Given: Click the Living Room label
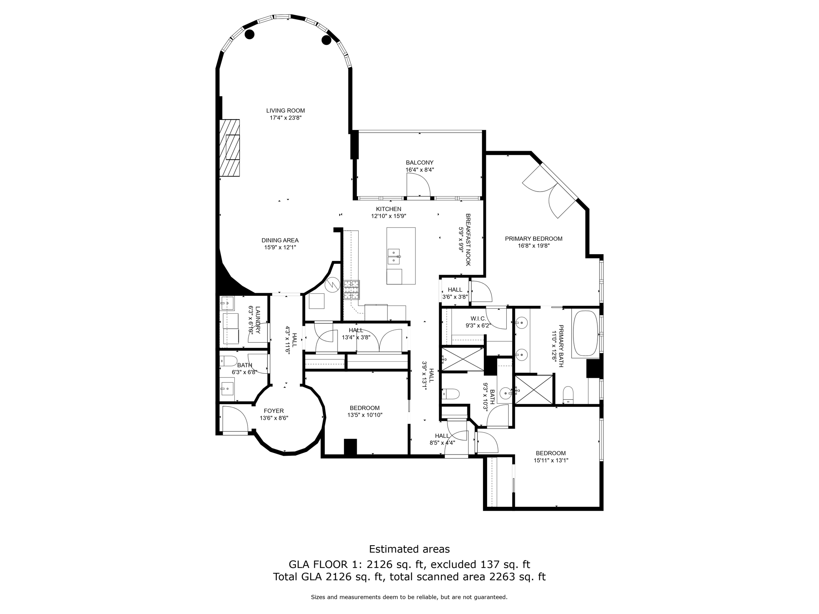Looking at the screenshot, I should point(286,111).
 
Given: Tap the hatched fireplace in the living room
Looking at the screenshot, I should point(230,148).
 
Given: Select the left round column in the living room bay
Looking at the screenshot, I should point(250,35).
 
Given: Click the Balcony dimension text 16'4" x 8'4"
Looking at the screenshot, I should point(419,169).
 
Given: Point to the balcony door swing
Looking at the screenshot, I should point(418,185).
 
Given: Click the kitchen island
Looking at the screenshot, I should point(401,256).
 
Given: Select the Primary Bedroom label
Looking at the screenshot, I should point(533,239).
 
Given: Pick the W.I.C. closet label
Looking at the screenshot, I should point(478,318).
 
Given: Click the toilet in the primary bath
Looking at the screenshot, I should point(568,395).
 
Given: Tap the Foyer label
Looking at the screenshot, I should point(274,411).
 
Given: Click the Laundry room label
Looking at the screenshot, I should point(258,320).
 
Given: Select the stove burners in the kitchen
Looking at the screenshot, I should point(352,290).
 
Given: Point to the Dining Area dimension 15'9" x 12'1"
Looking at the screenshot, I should point(280,247).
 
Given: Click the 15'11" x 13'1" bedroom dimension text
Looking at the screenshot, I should point(551,460).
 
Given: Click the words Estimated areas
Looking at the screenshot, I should point(409,549).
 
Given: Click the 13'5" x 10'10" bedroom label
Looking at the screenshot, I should point(365,408).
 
